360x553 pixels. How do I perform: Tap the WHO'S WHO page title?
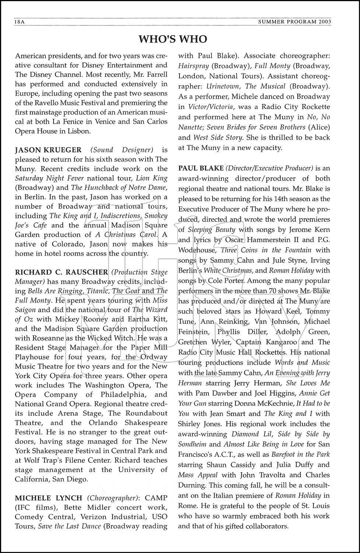click(173, 39)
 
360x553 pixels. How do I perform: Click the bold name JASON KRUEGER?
click(48, 150)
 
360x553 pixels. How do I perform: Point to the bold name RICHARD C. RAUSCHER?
click(62, 272)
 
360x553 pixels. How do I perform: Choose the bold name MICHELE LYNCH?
click(48, 498)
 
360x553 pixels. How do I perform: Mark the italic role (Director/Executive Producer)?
click(270, 168)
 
